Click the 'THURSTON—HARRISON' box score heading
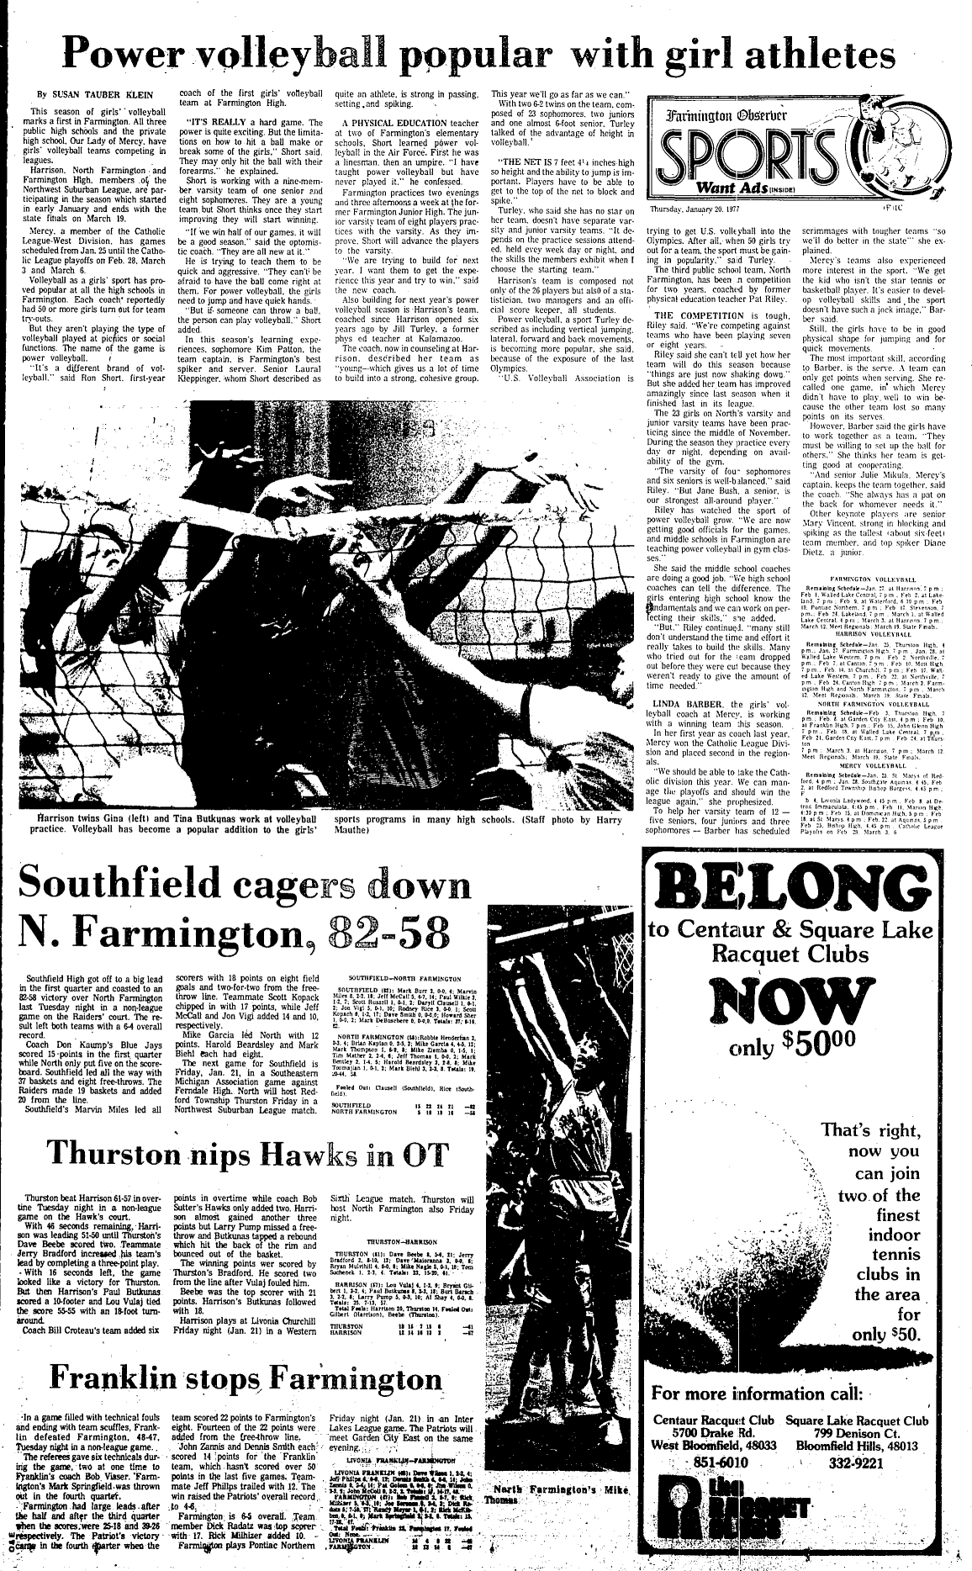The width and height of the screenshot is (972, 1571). [x=394, y=1240]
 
